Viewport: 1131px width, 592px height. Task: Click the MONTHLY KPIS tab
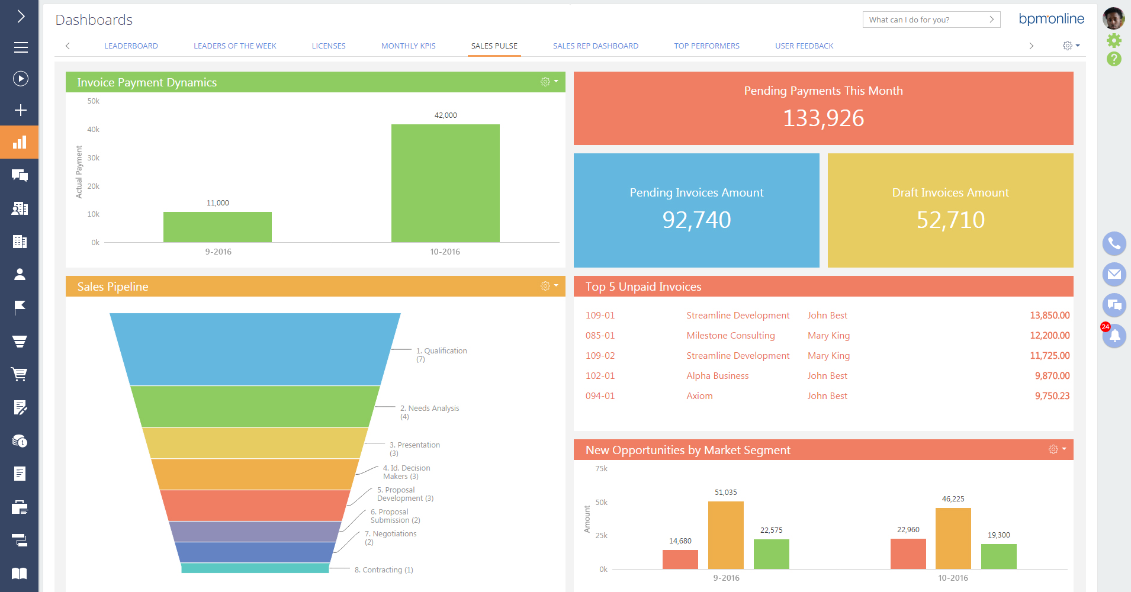pos(408,46)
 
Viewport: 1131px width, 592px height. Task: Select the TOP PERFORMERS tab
pos(706,46)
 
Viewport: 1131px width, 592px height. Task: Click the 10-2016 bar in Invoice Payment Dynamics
pos(445,183)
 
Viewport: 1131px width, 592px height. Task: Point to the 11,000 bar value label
pos(217,202)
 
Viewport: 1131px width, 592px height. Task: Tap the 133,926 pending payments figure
pos(823,118)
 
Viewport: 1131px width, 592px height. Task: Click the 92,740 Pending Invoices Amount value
pos(696,220)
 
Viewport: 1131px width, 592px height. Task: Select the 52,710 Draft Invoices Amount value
pos(950,220)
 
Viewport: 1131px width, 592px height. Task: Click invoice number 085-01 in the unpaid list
pos(600,335)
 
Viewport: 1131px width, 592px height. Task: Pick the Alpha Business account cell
pos(717,375)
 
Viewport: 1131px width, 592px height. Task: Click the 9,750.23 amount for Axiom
pos(1052,395)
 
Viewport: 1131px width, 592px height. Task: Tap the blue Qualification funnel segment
pos(255,349)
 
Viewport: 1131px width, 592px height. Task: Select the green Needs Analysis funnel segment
pos(255,407)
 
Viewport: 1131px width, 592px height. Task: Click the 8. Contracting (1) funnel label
pos(384,570)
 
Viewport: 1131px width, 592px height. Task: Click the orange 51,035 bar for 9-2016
pos(725,535)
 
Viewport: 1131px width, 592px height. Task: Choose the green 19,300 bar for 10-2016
pos(998,556)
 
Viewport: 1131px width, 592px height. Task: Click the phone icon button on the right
pos(1114,243)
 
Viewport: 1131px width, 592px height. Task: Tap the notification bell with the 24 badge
pos(1114,336)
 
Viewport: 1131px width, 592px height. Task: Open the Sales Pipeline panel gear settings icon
pos(545,286)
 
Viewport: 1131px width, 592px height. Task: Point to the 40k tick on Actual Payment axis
pos(94,129)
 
